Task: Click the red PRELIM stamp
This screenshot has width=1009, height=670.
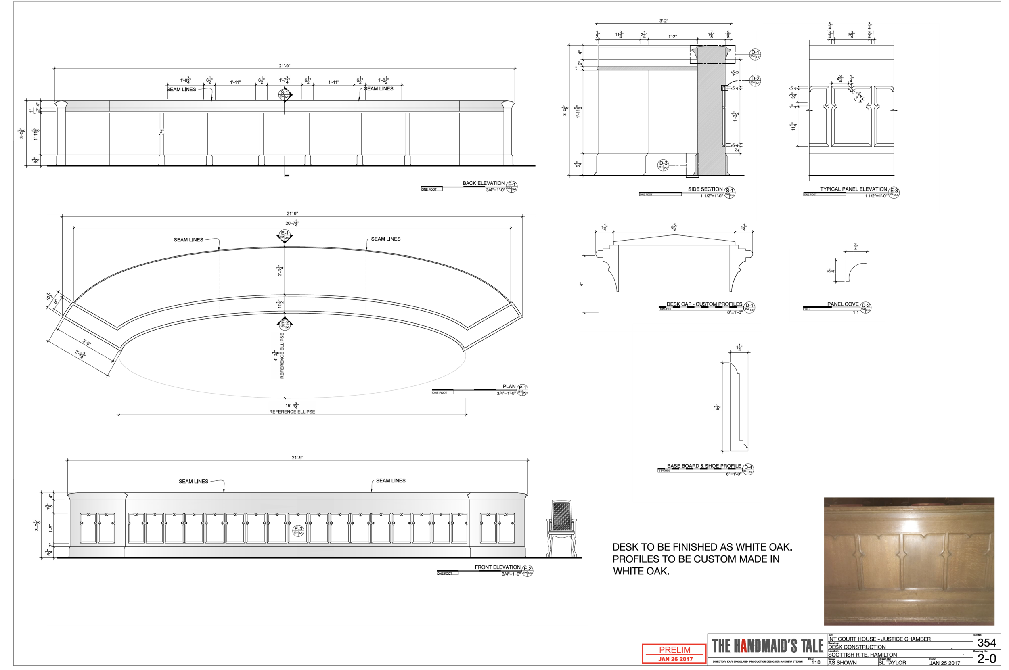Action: tap(674, 653)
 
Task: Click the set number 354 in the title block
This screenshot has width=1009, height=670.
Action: tap(986, 643)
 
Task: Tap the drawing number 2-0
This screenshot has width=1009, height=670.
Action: tap(986, 658)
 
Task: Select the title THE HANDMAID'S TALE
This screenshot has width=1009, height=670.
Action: tap(767, 646)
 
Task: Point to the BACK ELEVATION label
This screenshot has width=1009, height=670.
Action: tap(483, 183)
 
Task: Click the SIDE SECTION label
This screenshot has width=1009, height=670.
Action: tap(705, 189)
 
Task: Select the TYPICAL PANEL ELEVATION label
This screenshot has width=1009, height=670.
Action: tap(853, 189)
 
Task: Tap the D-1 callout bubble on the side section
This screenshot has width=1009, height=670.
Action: tap(755, 54)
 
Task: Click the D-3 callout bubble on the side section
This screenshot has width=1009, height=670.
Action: tap(663, 165)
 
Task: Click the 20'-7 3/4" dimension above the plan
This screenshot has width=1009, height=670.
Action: tap(292, 223)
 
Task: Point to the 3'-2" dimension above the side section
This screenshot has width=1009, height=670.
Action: tap(664, 21)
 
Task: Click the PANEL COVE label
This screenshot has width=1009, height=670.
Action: tap(842, 304)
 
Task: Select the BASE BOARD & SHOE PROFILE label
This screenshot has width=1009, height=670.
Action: tap(703, 466)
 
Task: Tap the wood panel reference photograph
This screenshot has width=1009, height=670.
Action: tap(909, 561)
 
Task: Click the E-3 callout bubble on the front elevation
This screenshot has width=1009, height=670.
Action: tap(298, 530)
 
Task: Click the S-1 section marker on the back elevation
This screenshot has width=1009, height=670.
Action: tap(284, 94)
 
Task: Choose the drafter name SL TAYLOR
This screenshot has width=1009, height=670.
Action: tap(892, 663)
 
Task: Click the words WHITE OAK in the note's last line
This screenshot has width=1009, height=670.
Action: tap(641, 571)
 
